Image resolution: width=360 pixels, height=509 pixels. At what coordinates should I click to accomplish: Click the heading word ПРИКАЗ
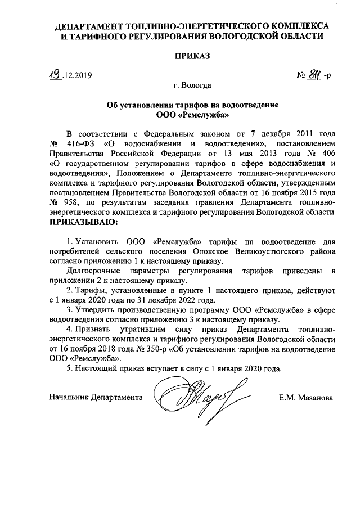click(x=192, y=56)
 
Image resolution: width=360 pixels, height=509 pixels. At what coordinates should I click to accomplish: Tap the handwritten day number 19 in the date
click(x=54, y=73)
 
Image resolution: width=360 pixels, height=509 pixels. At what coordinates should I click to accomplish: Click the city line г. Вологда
click(x=192, y=86)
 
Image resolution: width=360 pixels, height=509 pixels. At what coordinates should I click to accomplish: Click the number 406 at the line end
click(x=328, y=154)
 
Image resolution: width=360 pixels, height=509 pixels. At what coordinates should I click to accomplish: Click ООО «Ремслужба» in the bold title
click(x=193, y=115)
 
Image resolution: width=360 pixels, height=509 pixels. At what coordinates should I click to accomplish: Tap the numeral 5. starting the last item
click(x=69, y=369)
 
